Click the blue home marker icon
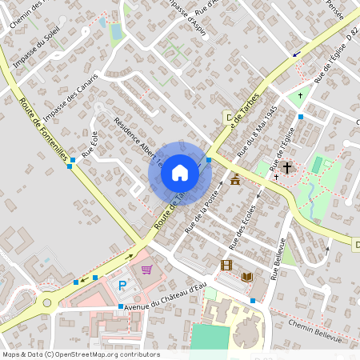click(x=180, y=173)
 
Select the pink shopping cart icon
click(x=146, y=270)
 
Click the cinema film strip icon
click(x=226, y=265)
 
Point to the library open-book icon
click(x=247, y=277)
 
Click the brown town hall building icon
click(x=234, y=182)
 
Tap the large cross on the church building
click(x=286, y=167)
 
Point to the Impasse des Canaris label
click(x=70, y=94)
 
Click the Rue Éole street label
click(x=90, y=142)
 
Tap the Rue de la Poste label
click(x=203, y=214)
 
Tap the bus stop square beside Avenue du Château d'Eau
click(x=121, y=306)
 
